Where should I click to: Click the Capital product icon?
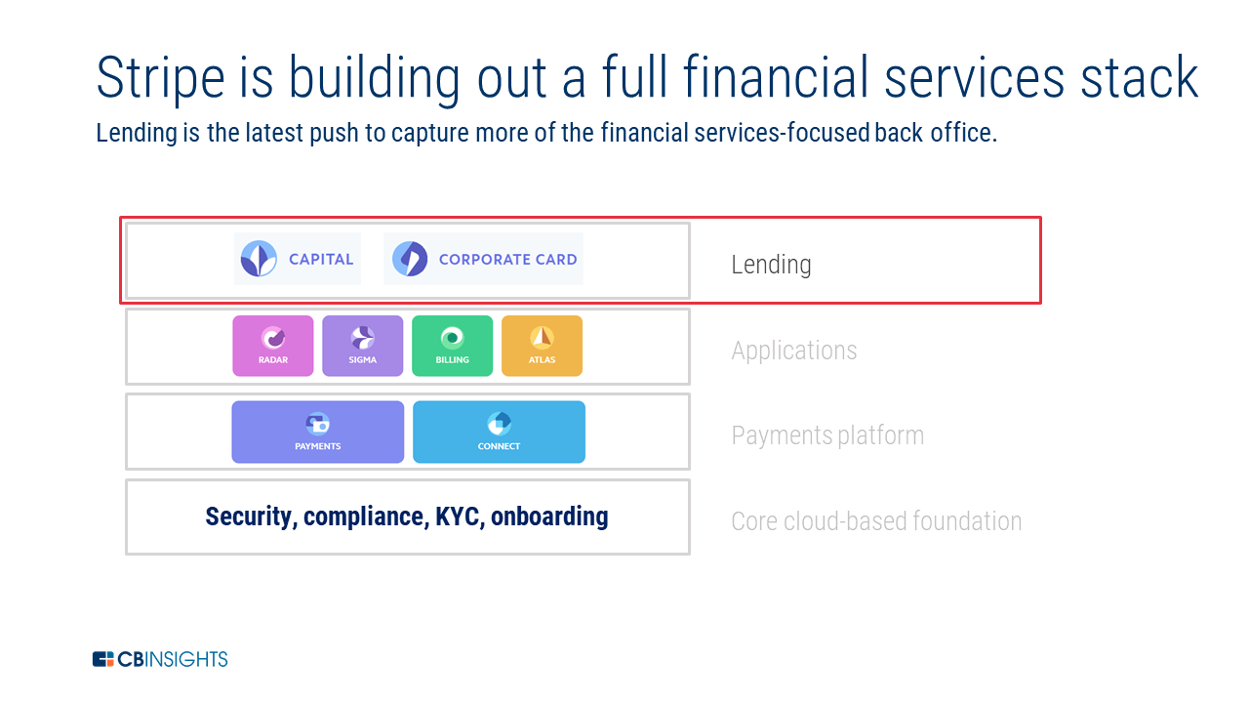(x=259, y=259)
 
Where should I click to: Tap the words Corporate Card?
(x=507, y=260)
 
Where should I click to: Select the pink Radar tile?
(x=273, y=346)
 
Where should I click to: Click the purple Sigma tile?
(x=362, y=346)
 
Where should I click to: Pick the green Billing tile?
(x=452, y=346)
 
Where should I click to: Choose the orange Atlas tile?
(x=542, y=346)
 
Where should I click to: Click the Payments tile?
(x=317, y=432)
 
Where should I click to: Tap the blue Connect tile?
(x=499, y=432)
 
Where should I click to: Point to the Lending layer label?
(x=771, y=265)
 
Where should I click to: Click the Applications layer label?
(x=793, y=351)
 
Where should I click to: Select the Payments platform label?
(x=827, y=435)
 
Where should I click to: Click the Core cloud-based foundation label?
(x=876, y=521)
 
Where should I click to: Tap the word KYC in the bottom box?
(x=457, y=517)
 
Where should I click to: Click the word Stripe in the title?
(x=157, y=78)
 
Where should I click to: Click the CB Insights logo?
(x=160, y=659)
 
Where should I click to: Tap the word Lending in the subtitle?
(x=135, y=133)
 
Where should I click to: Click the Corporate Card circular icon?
(x=410, y=259)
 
